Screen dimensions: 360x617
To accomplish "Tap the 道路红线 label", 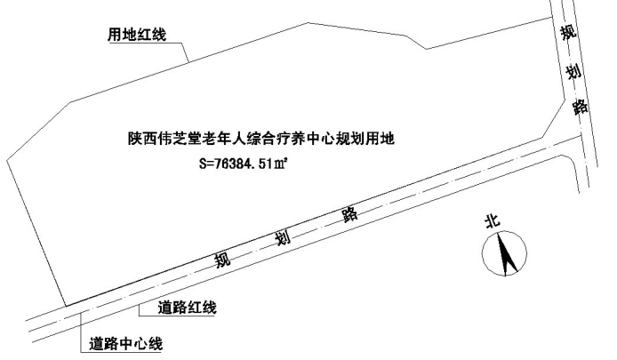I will point(187,308).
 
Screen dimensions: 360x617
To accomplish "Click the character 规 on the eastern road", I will point(567,34).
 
